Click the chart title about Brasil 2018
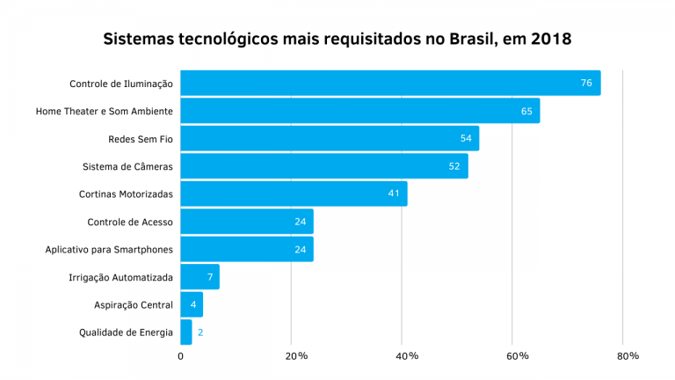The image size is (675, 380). point(337,40)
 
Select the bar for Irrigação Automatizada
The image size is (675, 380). point(200,277)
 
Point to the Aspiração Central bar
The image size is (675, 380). point(192,304)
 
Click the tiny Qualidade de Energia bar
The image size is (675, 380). point(186,332)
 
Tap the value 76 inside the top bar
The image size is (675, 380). point(586,84)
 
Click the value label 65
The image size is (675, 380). point(526,111)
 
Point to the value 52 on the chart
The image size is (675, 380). point(454,166)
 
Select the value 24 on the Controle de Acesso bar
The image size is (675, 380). point(301,222)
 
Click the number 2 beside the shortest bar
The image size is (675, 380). point(200,332)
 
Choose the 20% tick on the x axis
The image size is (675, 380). point(296,356)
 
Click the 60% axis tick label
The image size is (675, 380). point(518,356)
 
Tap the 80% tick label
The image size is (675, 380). point(628,356)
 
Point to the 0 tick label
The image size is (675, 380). point(181,356)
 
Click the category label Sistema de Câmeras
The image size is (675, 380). point(127,166)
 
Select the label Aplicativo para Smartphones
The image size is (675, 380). point(109,250)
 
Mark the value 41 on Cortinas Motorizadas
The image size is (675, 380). point(394,194)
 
